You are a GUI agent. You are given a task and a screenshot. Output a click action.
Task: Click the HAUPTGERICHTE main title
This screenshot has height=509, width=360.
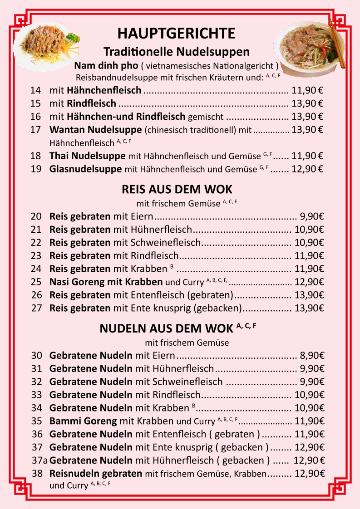coord(176,33)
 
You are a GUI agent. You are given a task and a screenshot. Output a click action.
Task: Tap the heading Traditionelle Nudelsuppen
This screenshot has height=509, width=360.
coord(177,51)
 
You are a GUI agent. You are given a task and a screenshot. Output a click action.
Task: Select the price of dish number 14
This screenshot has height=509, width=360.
coord(307,90)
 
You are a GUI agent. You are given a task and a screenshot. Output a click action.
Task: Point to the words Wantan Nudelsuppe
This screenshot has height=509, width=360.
coord(96,130)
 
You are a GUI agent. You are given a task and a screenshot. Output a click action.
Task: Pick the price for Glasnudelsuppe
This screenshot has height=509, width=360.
coord(307,169)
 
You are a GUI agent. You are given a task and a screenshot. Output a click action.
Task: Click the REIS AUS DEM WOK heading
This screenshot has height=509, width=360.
coord(177,189)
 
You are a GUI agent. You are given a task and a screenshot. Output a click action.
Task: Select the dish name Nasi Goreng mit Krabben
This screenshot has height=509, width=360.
coord(106,282)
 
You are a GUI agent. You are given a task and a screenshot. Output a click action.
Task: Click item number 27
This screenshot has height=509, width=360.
coord(36,308)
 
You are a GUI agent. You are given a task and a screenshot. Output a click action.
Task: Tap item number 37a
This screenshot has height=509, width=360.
coord(40,460)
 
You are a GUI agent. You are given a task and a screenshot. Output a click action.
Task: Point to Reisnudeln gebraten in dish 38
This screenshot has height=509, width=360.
coord(96,473)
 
